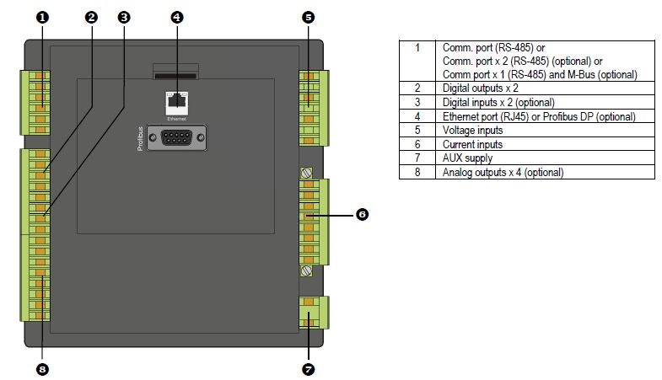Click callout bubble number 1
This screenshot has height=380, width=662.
(42, 18)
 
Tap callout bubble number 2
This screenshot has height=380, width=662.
(91, 18)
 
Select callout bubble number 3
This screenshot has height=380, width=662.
(124, 18)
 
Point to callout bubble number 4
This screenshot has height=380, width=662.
(177, 18)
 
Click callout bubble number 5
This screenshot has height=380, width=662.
(308, 18)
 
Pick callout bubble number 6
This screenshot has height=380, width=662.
(362, 214)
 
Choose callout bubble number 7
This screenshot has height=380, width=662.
(308, 369)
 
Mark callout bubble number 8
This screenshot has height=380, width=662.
(42, 369)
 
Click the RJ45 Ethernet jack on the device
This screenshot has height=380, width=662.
(177, 103)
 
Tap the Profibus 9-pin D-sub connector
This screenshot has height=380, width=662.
(176, 137)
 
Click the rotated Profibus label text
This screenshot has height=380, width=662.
(140, 138)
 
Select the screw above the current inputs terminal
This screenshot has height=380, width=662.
(306, 173)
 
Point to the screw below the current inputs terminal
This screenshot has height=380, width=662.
(306, 270)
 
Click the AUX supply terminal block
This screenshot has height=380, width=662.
(314, 313)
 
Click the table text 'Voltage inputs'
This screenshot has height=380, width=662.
(472, 131)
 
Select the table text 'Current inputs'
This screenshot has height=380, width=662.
(472, 144)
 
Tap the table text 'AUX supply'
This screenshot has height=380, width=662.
(467, 158)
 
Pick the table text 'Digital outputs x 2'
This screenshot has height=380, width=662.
(480, 88)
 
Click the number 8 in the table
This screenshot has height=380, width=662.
(417, 172)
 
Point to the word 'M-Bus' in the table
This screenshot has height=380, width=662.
(582, 75)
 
